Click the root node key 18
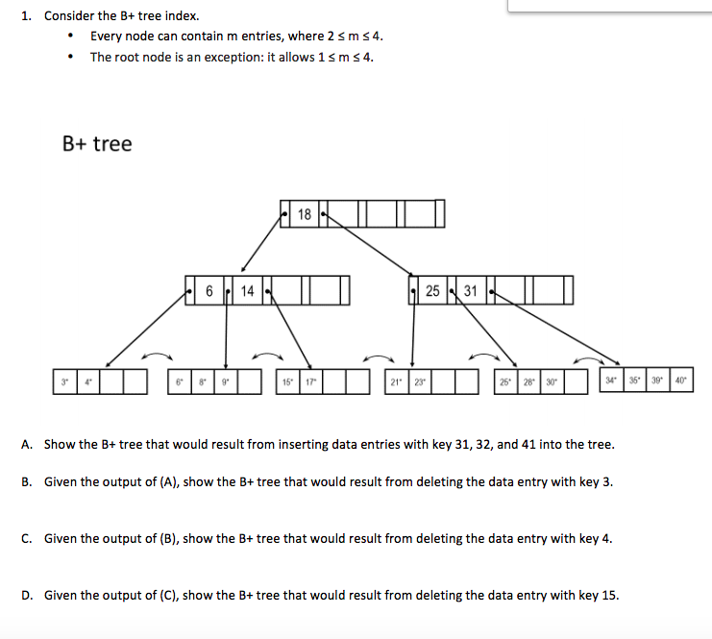coord(305,214)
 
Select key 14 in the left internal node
coord(247,290)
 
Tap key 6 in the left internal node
coord(209,290)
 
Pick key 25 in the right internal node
coord(432,290)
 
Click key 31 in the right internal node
coord(471,290)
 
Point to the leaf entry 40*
coord(680,380)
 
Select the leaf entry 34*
coord(610,380)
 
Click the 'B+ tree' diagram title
coord(97,144)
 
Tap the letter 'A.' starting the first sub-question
coord(27,444)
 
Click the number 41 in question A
coord(507,444)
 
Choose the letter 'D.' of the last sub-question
coord(27,595)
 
